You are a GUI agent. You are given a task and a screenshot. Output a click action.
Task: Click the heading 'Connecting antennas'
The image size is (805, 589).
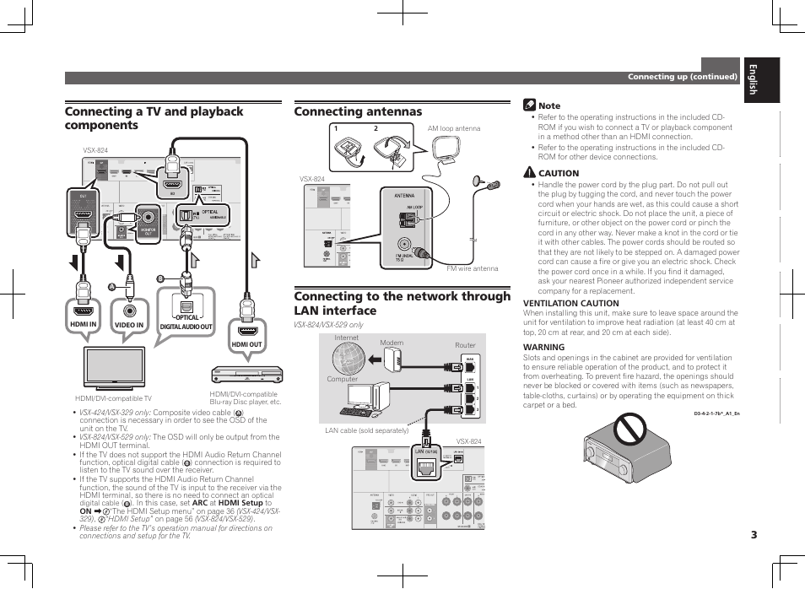click(x=358, y=111)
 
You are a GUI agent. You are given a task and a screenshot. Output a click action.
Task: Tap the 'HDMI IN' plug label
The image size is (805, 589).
click(x=84, y=324)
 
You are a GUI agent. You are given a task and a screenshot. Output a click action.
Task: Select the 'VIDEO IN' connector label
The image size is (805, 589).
click(x=129, y=324)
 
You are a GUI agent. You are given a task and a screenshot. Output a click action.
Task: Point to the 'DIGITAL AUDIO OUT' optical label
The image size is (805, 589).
click(x=186, y=326)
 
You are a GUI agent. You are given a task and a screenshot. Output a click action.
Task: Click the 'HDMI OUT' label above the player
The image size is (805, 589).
click(x=246, y=344)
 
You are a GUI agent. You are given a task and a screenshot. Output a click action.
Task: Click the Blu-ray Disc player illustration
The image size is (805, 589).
click(x=245, y=374)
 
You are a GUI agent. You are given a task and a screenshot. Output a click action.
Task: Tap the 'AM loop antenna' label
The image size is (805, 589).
click(x=453, y=129)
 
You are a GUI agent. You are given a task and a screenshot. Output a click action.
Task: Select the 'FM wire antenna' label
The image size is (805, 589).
click(x=473, y=269)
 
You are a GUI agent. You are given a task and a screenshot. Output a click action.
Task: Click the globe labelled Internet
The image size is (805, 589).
click(x=348, y=359)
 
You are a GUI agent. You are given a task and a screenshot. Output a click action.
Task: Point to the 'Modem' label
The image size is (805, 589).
click(x=392, y=343)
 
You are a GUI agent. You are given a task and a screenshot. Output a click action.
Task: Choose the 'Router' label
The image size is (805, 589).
click(x=465, y=345)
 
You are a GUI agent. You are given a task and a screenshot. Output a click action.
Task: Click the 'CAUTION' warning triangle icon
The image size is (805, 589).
click(x=529, y=173)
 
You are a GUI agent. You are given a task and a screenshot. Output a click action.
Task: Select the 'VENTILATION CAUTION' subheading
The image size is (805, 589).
click(x=570, y=303)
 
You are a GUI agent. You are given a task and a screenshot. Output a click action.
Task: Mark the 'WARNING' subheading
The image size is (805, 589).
click(x=543, y=347)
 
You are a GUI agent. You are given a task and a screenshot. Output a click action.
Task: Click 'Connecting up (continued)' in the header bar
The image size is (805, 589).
click(x=682, y=77)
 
